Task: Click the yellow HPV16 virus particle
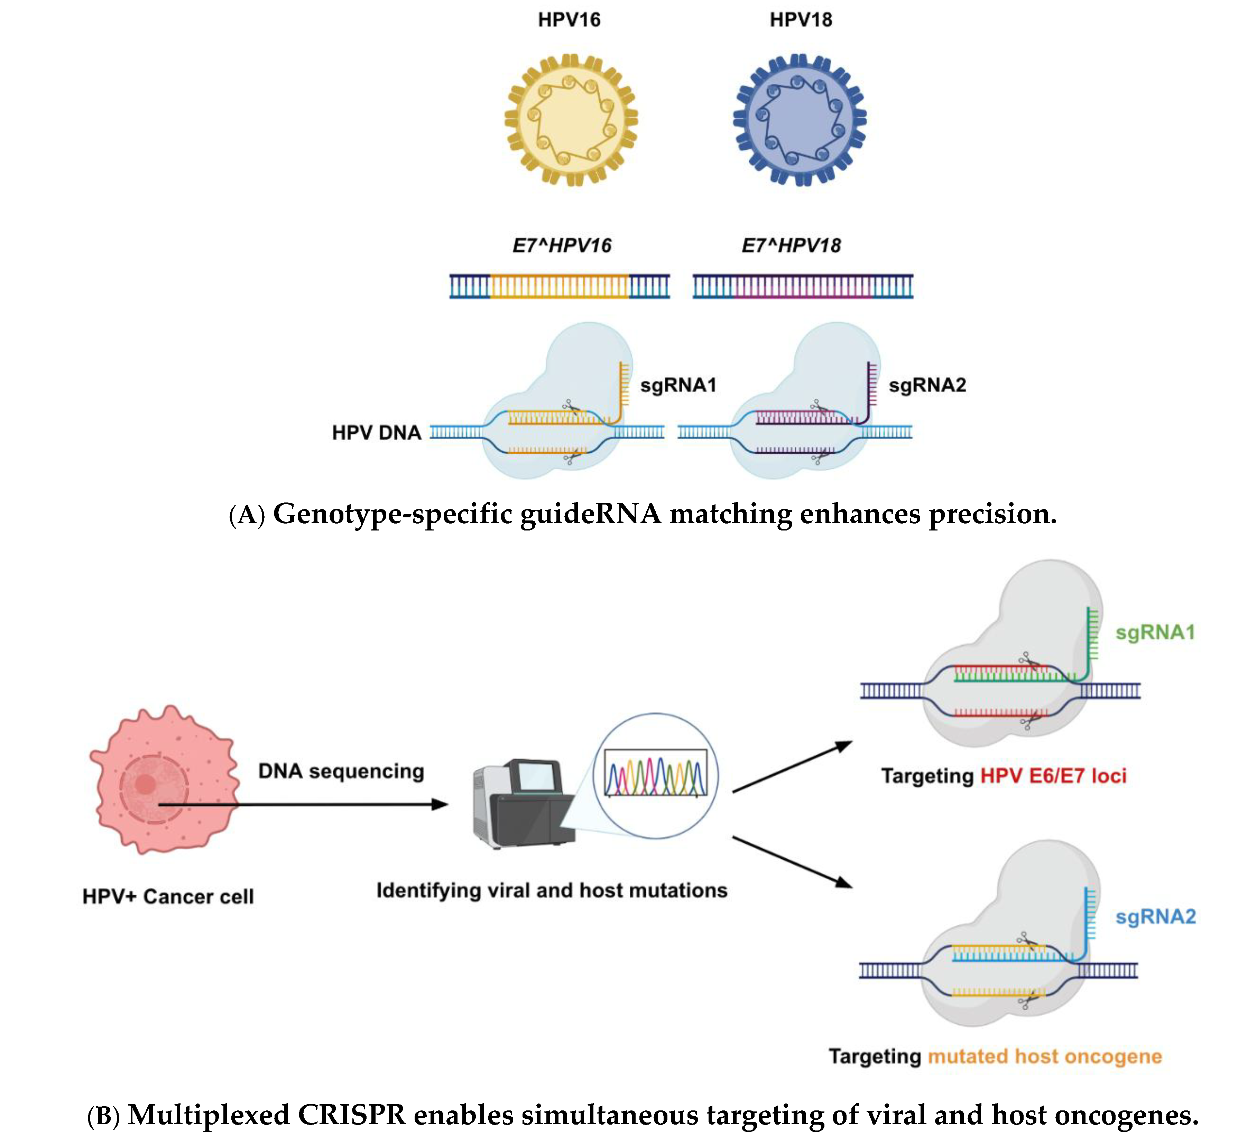pos(571,120)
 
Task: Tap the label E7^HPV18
pos(791,246)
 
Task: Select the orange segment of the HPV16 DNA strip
pos(560,286)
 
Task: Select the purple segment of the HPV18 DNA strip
pos(803,286)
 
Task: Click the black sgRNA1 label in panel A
pos(678,385)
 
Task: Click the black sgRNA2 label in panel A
pos(927,385)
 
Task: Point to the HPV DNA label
pos(376,433)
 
